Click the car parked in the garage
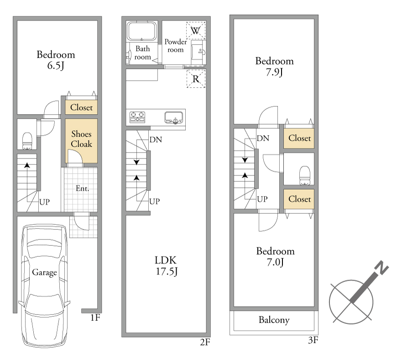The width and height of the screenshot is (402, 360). pos(45,285)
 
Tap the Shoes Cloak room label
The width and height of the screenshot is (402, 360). pos(81,139)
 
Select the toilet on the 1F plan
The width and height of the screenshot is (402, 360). pos(27,141)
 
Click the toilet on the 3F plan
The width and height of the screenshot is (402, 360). pos(304,175)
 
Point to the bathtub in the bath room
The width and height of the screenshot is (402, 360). pos(141,31)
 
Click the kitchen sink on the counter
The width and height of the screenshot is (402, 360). pos(174,117)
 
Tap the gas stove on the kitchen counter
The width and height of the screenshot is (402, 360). pos(137,117)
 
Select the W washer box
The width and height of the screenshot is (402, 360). pos(196,31)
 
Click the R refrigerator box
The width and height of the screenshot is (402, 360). pos(196,79)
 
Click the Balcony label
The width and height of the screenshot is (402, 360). pos(274,320)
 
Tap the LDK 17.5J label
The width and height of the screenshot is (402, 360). pos(166,266)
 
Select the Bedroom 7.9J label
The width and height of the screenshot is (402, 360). pos(274,67)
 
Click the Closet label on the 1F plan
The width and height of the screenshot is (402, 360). pos(81,107)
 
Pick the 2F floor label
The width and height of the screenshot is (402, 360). pos(205,342)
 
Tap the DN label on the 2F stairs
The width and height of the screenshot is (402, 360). pos(156,140)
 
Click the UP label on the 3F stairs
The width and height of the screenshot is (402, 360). pos(262,199)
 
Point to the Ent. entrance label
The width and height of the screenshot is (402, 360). pos(82,189)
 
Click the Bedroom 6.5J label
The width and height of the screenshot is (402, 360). pos(56,60)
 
